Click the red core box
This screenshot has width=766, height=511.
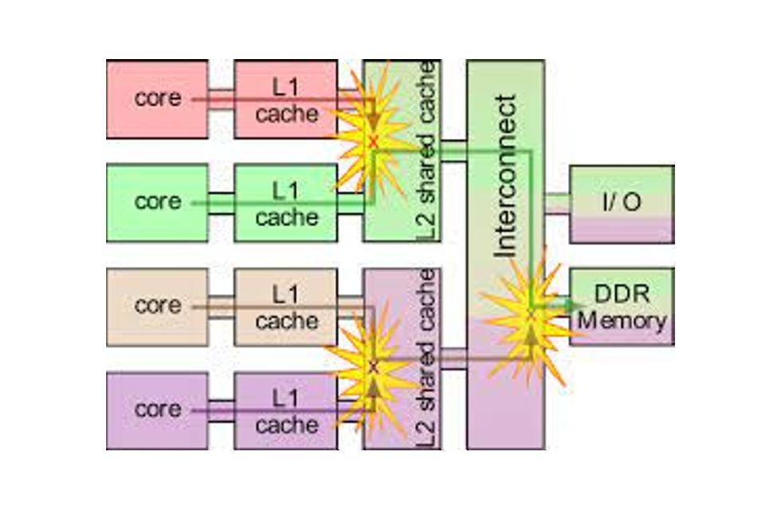[x=157, y=99]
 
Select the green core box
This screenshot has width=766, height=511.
[x=157, y=203]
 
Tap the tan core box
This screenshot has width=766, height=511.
[x=157, y=307]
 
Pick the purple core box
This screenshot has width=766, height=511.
[x=157, y=410]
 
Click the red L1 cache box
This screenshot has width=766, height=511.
[x=286, y=99]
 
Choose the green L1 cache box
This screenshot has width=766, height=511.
[x=286, y=203]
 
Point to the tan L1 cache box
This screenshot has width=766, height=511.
[x=286, y=307]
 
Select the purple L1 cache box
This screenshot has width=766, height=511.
[x=286, y=410]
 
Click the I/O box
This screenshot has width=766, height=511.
[x=621, y=204]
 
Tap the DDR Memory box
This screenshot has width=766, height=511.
[x=622, y=307]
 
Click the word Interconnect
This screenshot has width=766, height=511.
[x=506, y=176]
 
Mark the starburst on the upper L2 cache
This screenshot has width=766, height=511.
[x=372, y=140]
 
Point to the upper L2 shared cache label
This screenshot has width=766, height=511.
[x=428, y=152]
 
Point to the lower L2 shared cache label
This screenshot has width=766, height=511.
[x=428, y=359]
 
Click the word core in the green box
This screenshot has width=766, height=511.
[x=157, y=202]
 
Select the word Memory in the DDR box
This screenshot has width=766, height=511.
[x=622, y=321]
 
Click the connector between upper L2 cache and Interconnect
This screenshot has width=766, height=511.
[x=452, y=151]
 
